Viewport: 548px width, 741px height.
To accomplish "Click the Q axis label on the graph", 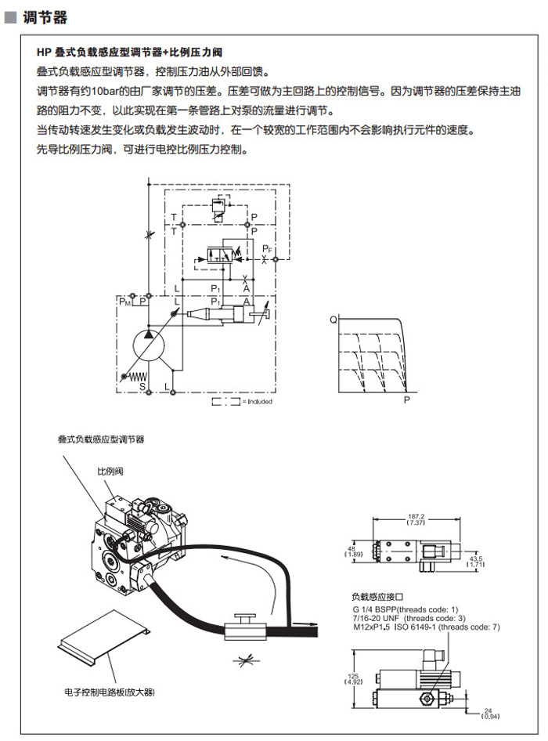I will (x=333, y=320).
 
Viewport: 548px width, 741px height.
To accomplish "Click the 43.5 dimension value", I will (x=475, y=559).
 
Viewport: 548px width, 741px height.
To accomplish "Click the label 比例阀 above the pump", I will (x=108, y=472).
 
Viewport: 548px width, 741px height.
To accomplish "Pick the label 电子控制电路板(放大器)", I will (x=110, y=692).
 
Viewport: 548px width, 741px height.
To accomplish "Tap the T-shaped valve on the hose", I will (x=242, y=627).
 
